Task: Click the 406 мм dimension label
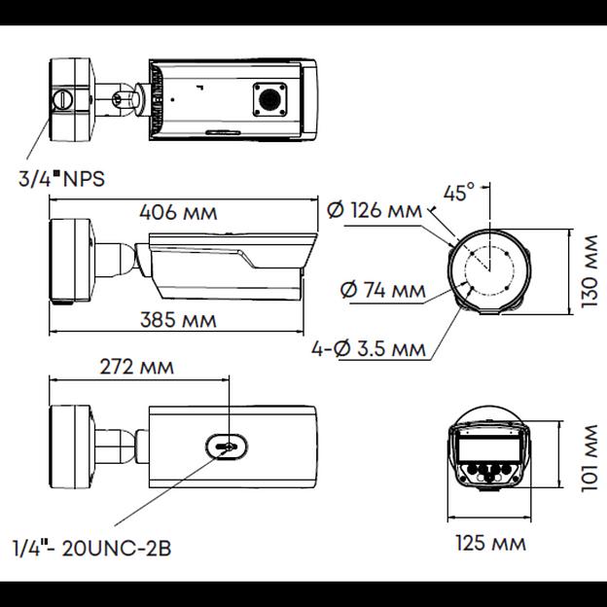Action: click(178, 212)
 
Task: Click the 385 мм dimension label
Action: click(178, 320)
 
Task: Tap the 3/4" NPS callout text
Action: click(60, 178)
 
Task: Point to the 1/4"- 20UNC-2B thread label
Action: click(92, 548)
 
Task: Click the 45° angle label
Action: click(458, 192)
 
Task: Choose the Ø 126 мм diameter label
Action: click(375, 210)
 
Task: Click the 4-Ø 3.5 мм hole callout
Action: click(369, 347)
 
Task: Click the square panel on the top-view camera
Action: click(268, 98)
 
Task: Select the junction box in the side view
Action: click(72, 261)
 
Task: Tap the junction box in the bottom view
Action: click(72, 444)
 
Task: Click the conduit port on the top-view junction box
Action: click(60, 98)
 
